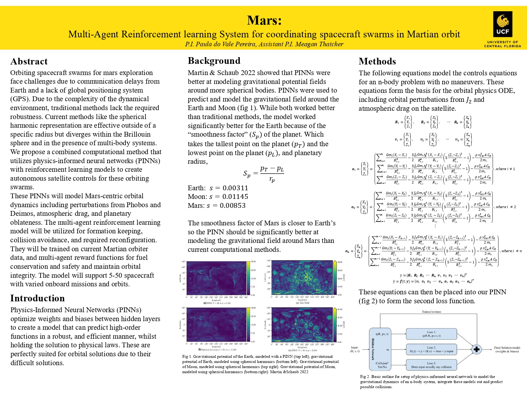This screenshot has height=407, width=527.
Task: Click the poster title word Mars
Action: pyautogui.click(x=264, y=20)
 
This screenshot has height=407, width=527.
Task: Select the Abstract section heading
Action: pyautogui.click(x=29, y=61)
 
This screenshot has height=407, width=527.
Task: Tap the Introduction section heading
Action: pyautogui.click(x=37, y=298)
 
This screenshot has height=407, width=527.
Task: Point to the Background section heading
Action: pyautogui.click(x=214, y=61)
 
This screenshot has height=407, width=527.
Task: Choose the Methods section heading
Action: pyautogui.click(x=377, y=61)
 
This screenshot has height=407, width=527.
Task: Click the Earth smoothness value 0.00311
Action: pyautogui.click(x=235, y=188)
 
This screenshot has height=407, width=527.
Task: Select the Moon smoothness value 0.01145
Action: pyautogui.click(x=235, y=197)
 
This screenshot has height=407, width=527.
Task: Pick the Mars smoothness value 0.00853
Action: pyautogui.click(x=233, y=206)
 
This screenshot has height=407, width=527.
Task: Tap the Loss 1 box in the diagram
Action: pyautogui.click(x=431, y=334)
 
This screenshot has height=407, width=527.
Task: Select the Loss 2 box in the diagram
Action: pyautogui.click(x=431, y=349)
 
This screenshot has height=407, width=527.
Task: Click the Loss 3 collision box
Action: pyautogui.click(x=431, y=365)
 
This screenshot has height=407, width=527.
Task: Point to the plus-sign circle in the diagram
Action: pyautogui.click(x=477, y=349)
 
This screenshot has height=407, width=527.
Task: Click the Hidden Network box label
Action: pyautogui.click(x=373, y=349)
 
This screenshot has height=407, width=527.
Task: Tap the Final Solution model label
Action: pyautogui.click(x=507, y=350)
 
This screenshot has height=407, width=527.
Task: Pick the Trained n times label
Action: pyautogui.click(x=431, y=312)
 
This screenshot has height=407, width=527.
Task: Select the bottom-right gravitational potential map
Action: pyautogui.click(x=302, y=324)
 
